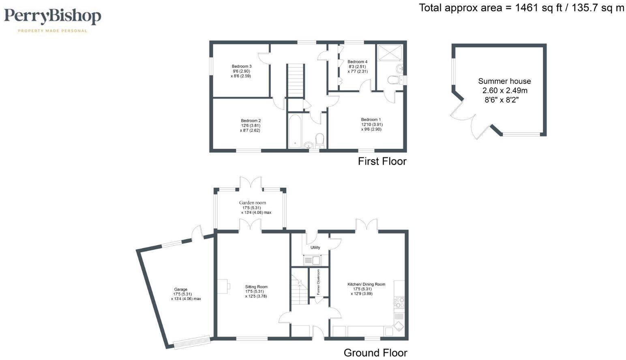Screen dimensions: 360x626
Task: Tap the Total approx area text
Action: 521,8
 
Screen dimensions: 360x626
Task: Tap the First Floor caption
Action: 382,161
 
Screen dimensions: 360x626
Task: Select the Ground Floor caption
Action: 375,353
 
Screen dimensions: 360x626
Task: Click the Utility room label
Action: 315,247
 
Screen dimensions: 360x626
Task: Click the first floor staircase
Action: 296,80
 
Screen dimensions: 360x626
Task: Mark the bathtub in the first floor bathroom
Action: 294,131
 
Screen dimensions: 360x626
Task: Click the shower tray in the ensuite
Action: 390,53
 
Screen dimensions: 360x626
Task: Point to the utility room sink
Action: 312,260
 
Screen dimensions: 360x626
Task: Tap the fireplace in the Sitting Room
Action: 223,287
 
